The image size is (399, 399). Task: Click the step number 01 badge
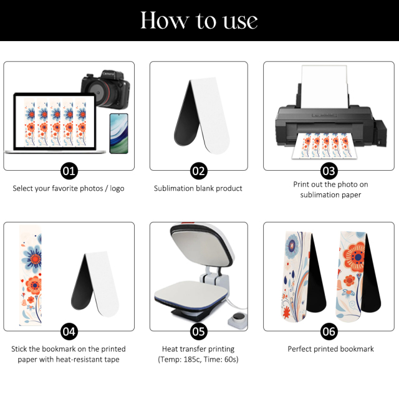pos(69,171)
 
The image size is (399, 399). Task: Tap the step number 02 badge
pos(199,171)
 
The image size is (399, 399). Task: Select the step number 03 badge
pos(329,171)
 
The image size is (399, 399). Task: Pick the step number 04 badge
pos(69,332)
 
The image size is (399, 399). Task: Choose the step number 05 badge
pos(199,332)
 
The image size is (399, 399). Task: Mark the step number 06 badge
pos(329,332)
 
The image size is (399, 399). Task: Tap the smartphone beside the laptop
pos(119,133)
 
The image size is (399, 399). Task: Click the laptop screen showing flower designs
pos(55,122)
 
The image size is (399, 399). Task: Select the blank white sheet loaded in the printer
pos(324,87)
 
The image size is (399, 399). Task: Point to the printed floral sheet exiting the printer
pos(323,147)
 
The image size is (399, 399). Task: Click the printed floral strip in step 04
pos(31,275)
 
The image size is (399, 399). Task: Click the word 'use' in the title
pos(240,21)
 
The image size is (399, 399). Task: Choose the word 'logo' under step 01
pos(117,188)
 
